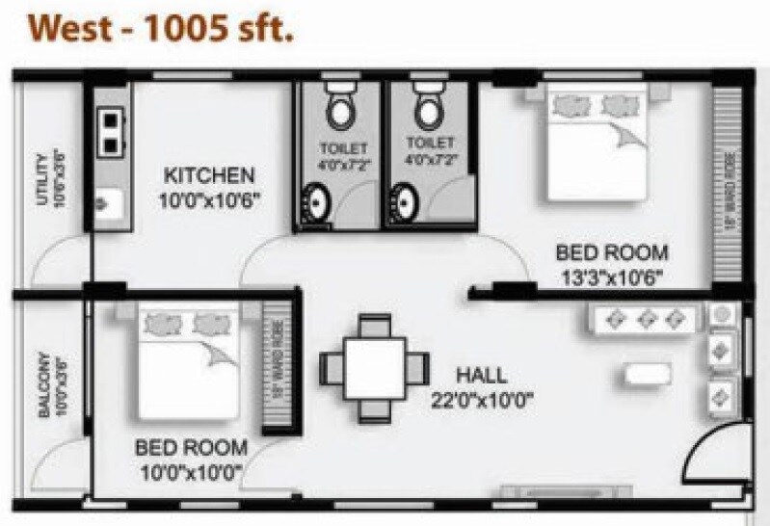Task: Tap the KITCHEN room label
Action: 209,176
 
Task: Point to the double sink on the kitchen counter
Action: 111,131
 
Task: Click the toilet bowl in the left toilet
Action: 339,110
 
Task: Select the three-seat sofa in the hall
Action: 644,320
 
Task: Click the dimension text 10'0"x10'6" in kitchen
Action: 209,200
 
